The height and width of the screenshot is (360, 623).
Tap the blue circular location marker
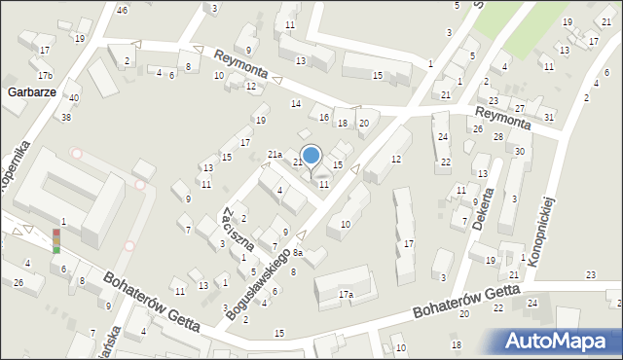[311, 155]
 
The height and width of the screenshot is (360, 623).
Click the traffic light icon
[55, 240]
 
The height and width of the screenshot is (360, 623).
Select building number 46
[122, 10]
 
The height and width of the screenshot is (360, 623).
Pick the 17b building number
[45, 75]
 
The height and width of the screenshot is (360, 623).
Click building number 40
[74, 98]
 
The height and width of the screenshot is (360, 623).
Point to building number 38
[66, 117]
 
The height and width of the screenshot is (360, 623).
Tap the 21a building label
[275, 155]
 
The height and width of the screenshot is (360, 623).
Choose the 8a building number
[299, 253]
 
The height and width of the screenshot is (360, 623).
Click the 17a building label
[346, 294]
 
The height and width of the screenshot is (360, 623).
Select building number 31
[550, 117]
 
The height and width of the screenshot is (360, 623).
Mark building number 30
[520, 151]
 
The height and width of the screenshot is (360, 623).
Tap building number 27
[520, 107]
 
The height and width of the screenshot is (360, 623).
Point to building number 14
[295, 103]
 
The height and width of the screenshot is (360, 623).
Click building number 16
[324, 117]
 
